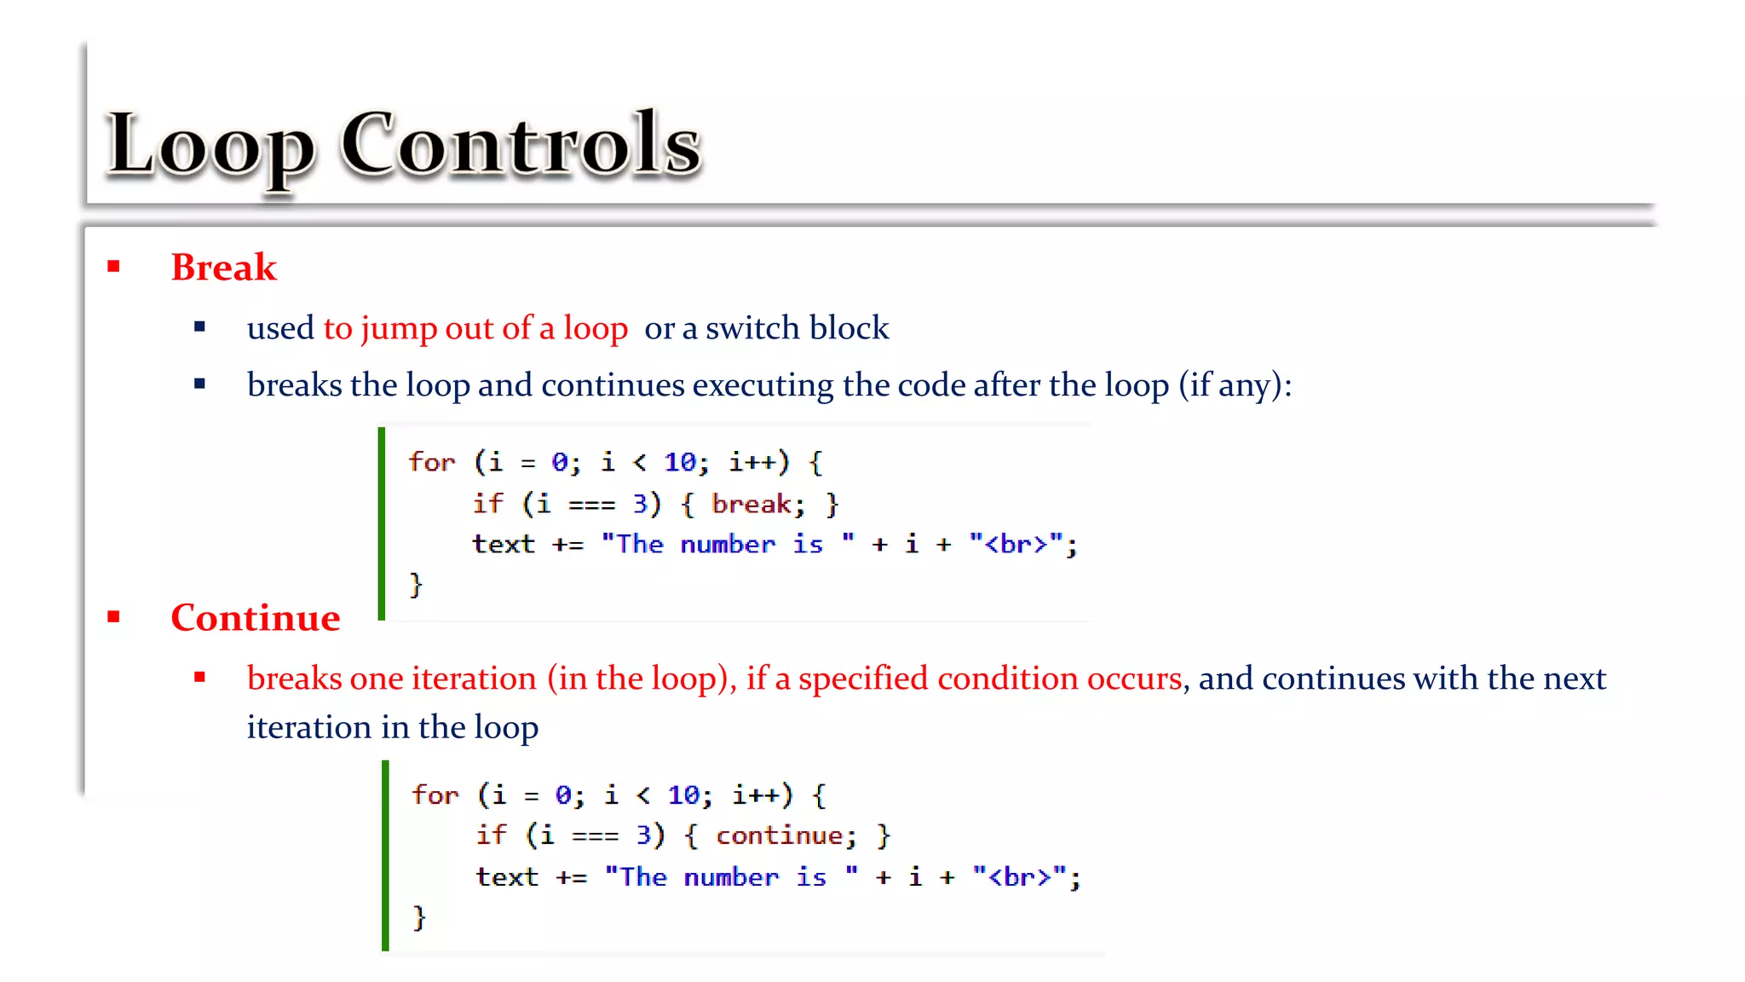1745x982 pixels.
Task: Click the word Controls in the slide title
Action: tap(521, 145)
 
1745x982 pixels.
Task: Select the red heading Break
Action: tap(223, 268)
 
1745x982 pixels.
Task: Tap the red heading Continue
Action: tap(255, 618)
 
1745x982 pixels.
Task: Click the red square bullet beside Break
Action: tap(114, 267)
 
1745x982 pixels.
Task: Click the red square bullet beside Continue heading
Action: tap(114, 616)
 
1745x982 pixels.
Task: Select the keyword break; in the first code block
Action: tap(757, 504)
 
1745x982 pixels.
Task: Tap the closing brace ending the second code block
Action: tap(418, 917)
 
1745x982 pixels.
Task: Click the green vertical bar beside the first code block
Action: tap(382, 523)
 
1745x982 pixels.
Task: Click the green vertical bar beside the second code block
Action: tap(385, 855)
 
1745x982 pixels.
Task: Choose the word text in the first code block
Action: tap(504, 544)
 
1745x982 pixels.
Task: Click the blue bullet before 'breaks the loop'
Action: tap(200, 384)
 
